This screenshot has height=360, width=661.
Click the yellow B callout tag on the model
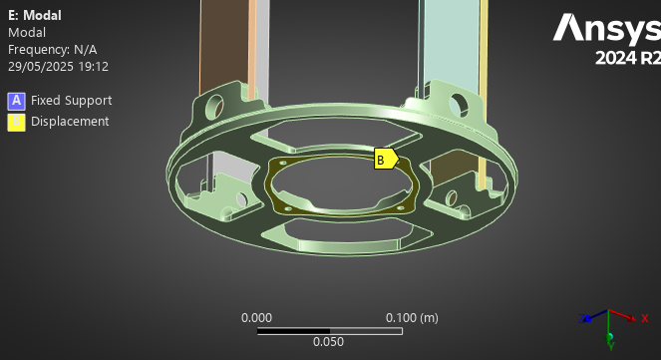tap(386, 159)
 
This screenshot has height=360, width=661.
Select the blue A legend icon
tap(16, 101)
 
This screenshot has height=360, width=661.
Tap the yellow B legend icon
tap(16, 123)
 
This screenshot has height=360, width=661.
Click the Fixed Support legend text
tap(71, 101)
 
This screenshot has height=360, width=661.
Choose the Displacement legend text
tap(70, 122)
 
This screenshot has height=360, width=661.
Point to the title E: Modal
tap(35, 16)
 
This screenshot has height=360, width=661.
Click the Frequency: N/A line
tap(52, 50)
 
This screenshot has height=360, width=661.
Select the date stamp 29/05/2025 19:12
tap(58, 67)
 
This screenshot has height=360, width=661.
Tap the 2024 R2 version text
tap(628, 58)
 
